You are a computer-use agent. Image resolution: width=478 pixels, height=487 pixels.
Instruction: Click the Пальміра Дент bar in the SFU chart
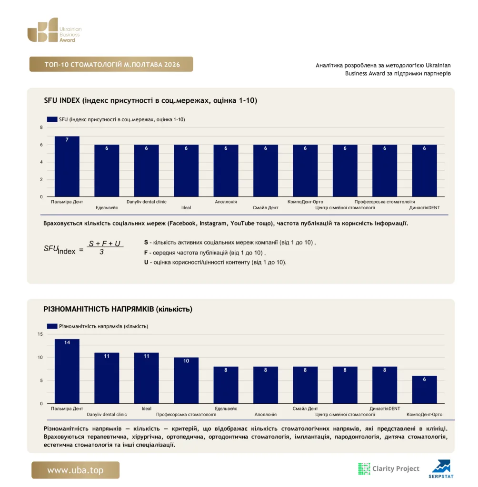pyautogui.click(x=67, y=166)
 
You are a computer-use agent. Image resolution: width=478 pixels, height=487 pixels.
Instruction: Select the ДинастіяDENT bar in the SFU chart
pyautogui.click(x=424, y=171)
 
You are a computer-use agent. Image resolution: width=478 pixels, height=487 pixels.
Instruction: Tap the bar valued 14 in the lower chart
pyautogui.click(x=67, y=371)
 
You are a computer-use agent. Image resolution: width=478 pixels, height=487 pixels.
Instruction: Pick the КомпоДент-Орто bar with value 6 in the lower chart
pyautogui.click(x=424, y=390)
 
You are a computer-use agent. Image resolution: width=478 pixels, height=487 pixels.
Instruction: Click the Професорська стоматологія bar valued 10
pyautogui.click(x=186, y=380)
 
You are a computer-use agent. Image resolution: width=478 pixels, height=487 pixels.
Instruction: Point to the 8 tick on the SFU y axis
pyautogui.click(x=41, y=127)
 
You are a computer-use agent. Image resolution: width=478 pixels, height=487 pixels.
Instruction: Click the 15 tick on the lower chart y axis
pyautogui.click(x=40, y=334)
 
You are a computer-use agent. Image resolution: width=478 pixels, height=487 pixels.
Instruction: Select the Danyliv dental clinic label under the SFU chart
pyautogui.click(x=147, y=202)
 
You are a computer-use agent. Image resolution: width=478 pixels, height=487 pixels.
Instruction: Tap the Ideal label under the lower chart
pyautogui.click(x=147, y=409)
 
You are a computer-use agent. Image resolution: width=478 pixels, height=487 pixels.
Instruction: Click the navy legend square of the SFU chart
pyautogui.click(x=52, y=119)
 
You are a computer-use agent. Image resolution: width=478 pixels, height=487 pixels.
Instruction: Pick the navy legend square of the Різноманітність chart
pyautogui.click(x=52, y=326)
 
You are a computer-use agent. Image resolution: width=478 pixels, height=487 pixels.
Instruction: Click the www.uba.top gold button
pyautogui.click(x=75, y=470)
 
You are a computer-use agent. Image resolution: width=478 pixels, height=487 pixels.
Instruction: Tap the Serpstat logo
pyautogui.click(x=441, y=469)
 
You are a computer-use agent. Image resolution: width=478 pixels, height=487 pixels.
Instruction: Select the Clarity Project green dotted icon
pyautogui.click(x=364, y=468)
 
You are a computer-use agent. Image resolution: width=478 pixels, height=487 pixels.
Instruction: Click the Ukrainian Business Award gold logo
pyautogui.click(x=54, y=30)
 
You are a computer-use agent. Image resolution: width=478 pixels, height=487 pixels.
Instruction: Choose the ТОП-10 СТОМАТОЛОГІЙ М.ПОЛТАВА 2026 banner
pyautogui.click(x=111, y=64)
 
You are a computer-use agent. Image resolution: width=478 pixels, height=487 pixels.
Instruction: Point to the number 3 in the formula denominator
pyautogui.click(x=101, y=252)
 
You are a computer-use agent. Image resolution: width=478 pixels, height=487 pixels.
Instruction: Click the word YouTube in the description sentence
pyautogui.click(x=242, y=224)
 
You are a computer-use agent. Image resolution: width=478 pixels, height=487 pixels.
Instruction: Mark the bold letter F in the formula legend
pyautogui.click(x=146, y=253)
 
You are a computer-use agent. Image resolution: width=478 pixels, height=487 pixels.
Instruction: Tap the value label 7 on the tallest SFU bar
pyautogui.click(x=67, y=140)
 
